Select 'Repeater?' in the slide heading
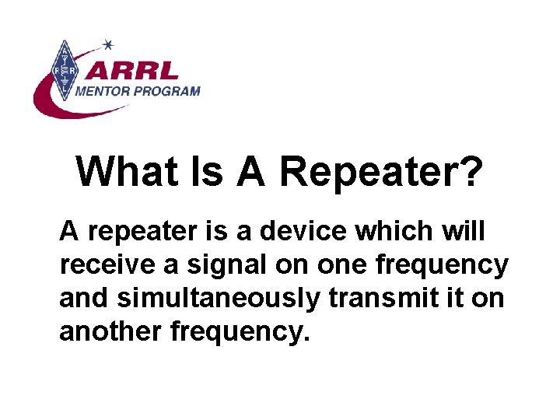tap(380, 171)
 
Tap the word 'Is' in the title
tap(208, 171)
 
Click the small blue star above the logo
tap(108, 44)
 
